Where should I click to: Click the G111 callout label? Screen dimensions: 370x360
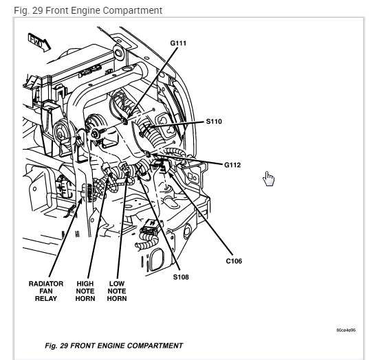coord(178,43)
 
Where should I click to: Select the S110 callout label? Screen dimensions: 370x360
coord(214,122)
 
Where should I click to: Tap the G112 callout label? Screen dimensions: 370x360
coord(232,165)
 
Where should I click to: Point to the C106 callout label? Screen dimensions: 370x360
coord(234,261)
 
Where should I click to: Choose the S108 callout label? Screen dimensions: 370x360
coord(181,277)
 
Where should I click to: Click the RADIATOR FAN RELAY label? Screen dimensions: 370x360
coord(46,291)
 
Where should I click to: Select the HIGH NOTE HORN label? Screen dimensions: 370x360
coord(85,291)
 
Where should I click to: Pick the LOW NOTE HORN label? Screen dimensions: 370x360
coord(117,291)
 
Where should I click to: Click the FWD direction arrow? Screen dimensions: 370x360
coord(39,43)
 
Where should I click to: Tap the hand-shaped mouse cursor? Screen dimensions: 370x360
coord(268,179)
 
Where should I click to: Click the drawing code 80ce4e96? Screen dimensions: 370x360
coord(346,330)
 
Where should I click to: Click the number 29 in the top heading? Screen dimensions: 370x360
coord(37,10)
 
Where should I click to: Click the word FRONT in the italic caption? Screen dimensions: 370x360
coord(82,346)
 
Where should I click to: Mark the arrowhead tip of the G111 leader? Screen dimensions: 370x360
coord(127,119)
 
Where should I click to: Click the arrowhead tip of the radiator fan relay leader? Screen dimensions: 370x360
coord(82,199)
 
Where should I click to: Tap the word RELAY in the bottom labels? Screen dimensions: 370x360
coord(46,298)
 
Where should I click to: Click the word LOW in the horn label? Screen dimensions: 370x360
coord(117,283)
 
